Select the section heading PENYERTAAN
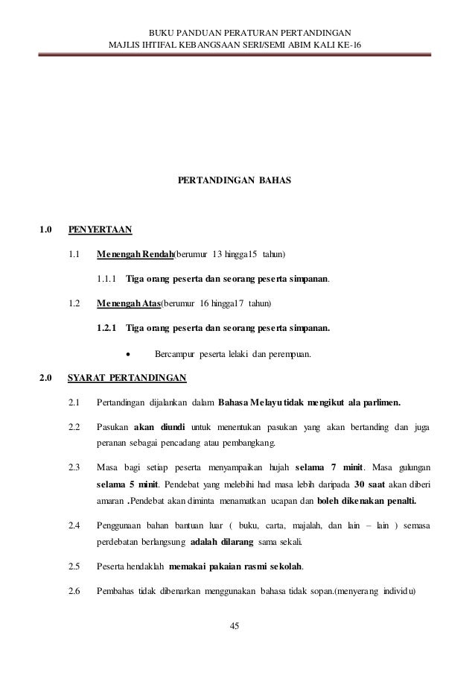[100, 230]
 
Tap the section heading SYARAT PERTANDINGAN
[127, 377]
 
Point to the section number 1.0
[45, 230]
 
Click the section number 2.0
[45, 377]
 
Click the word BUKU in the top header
[162, 34]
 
